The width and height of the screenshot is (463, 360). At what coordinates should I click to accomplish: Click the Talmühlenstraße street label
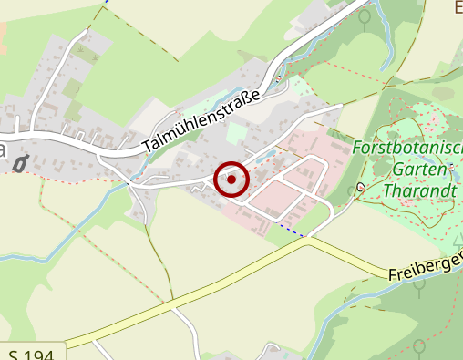(203, 118)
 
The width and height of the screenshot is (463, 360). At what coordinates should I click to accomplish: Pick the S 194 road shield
(31, 354)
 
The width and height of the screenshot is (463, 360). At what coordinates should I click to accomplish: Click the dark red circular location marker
(231, 180)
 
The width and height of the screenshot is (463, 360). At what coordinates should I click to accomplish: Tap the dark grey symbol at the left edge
(20, 164)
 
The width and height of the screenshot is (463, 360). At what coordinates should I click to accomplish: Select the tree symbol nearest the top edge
(365, 16)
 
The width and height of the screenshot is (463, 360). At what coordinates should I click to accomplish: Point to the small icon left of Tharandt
(360, 189)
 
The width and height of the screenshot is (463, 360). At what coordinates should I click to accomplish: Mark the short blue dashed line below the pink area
(291, 229)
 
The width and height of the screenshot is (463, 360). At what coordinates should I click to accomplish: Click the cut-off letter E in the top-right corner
(458, 7)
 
